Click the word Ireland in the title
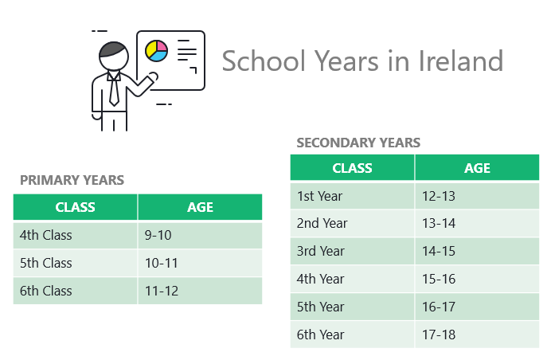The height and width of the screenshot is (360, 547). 460,61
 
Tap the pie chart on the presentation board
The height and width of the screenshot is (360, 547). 156,51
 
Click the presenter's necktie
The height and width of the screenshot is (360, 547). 114,88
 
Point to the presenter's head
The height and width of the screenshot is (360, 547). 114,56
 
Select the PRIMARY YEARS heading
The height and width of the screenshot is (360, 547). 72,180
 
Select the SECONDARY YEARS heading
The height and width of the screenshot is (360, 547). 358,143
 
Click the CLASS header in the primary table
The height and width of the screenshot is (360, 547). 75,207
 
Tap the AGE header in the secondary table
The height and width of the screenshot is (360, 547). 477,168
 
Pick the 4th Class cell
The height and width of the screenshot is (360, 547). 75,235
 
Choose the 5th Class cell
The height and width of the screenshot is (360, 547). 75,263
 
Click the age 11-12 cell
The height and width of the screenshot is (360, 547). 200,291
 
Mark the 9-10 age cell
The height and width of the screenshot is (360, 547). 200,235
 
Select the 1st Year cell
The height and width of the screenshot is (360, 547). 353,196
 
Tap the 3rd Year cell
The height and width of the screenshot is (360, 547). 353,251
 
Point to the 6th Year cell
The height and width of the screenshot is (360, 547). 353,335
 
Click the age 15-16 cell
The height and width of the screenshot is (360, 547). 477,279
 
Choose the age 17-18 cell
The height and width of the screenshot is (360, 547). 477,335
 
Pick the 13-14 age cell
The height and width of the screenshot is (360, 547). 477,223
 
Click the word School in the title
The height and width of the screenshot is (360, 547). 264,61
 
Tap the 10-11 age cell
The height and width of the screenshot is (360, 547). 200,263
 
